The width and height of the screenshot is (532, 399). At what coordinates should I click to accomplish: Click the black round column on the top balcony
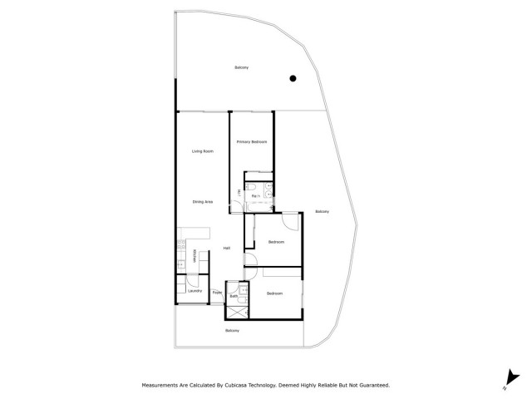click(x=293, y=79)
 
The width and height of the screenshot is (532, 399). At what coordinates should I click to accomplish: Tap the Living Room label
click(x=203, y=150)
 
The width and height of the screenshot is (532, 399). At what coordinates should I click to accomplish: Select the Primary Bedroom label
click(x=251, y=142)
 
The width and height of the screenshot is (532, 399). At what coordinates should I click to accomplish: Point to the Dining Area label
click(x=203, y=202)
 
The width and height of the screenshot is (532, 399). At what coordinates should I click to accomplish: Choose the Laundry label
click(x=195, y=291)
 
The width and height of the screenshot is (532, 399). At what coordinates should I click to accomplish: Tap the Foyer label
click(x=216, y=293)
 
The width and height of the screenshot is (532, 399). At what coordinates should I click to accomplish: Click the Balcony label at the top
click(x=241, y=67)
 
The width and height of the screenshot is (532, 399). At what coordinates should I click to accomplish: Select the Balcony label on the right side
click(x=323, y=211)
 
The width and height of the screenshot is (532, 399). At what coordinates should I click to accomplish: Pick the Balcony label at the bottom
click(x=234, y=331)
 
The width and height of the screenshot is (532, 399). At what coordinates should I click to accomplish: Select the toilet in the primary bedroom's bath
click(x=268, y=185)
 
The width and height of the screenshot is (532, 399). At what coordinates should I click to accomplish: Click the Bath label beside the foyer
click(x=234, y=296)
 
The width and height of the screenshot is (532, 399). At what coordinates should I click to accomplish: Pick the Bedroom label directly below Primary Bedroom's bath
click(x=276, y=242)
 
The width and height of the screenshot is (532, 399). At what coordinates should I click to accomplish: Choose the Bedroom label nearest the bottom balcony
click(x=275, y=293)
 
